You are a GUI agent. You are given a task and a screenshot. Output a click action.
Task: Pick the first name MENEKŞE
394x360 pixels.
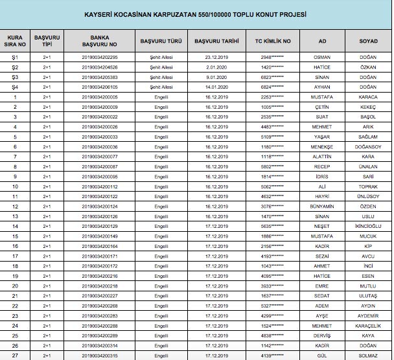321,147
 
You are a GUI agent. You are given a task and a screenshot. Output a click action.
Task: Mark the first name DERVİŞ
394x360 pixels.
321,336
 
